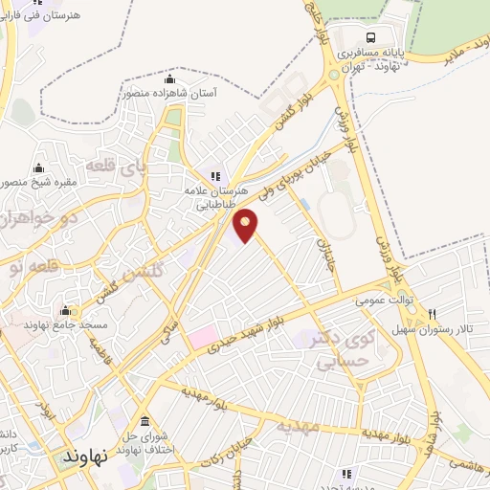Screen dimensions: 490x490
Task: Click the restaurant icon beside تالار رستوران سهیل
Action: coord(433,313)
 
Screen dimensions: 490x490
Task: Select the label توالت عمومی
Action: coord(385,300)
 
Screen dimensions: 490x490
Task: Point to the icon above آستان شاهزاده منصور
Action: coord(170,78)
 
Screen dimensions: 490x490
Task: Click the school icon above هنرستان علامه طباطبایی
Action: coord(215,175)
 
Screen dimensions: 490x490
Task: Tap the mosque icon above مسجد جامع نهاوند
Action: coord(65,310)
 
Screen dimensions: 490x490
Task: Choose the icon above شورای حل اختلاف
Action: coord(145,422)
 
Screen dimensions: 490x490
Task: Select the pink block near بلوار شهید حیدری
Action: coord(202,338)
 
